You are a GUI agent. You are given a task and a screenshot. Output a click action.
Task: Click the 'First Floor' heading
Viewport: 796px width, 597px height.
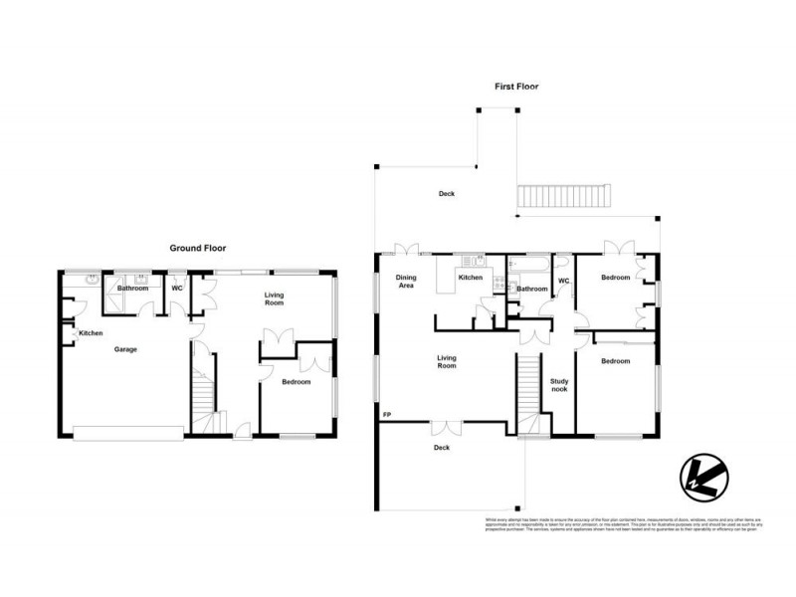(x=516, y=87)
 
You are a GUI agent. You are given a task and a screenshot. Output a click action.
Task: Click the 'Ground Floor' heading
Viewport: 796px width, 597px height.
(x=198, y=248)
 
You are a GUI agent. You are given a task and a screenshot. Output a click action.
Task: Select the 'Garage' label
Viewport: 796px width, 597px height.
(x=125, y=349)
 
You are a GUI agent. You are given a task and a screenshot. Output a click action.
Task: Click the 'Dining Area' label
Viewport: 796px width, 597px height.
(x=406, y=282)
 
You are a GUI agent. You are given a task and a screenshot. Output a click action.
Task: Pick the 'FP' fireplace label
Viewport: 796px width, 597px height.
(x=385, y=413)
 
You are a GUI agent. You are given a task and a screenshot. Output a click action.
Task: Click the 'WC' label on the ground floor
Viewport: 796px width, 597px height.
(x=176, y=289)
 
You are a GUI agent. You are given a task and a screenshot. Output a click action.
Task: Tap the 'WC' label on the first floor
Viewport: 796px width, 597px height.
(x=563, y=281)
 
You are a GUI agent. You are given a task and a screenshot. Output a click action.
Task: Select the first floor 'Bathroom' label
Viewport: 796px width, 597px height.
(x=531, y=290)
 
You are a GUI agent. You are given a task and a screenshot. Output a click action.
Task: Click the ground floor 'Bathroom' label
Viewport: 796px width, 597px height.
(x=132, y=289)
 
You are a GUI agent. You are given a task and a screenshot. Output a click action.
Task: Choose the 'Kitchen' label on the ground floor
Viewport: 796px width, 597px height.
(x=92, y=333)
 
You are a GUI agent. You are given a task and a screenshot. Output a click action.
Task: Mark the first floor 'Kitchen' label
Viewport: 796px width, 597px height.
(x=470, y=278)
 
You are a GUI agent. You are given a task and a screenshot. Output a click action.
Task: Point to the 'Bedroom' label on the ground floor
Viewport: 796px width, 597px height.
(x=296, y=382)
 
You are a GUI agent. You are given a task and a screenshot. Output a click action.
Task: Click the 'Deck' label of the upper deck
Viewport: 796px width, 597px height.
(x=447, y=194)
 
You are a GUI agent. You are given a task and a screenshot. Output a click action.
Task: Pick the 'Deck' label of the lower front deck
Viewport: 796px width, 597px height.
(x=443, y=448)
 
